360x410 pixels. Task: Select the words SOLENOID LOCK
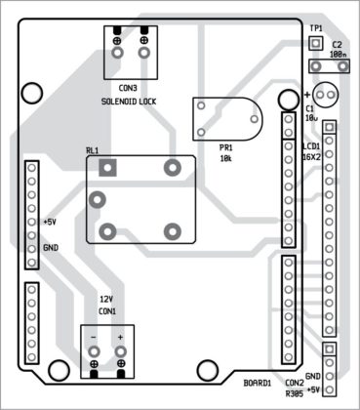pos(128,101)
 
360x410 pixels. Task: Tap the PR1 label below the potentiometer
pos(224,146)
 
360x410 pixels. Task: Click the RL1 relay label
pos(92,150)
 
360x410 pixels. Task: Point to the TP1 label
pos(315,28)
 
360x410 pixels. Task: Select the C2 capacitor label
pos(337,45)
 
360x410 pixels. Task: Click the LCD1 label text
pos(310,145)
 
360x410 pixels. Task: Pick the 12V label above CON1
pos(106,299)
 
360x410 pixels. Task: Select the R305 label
pos(295,395)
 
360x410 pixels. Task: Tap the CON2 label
pos(295,383)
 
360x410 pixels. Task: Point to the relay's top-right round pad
pos(173,167)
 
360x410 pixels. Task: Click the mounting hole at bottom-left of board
pos(60,370)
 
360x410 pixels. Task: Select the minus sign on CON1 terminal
pos(94,338)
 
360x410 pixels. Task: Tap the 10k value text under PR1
pos(224,157)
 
